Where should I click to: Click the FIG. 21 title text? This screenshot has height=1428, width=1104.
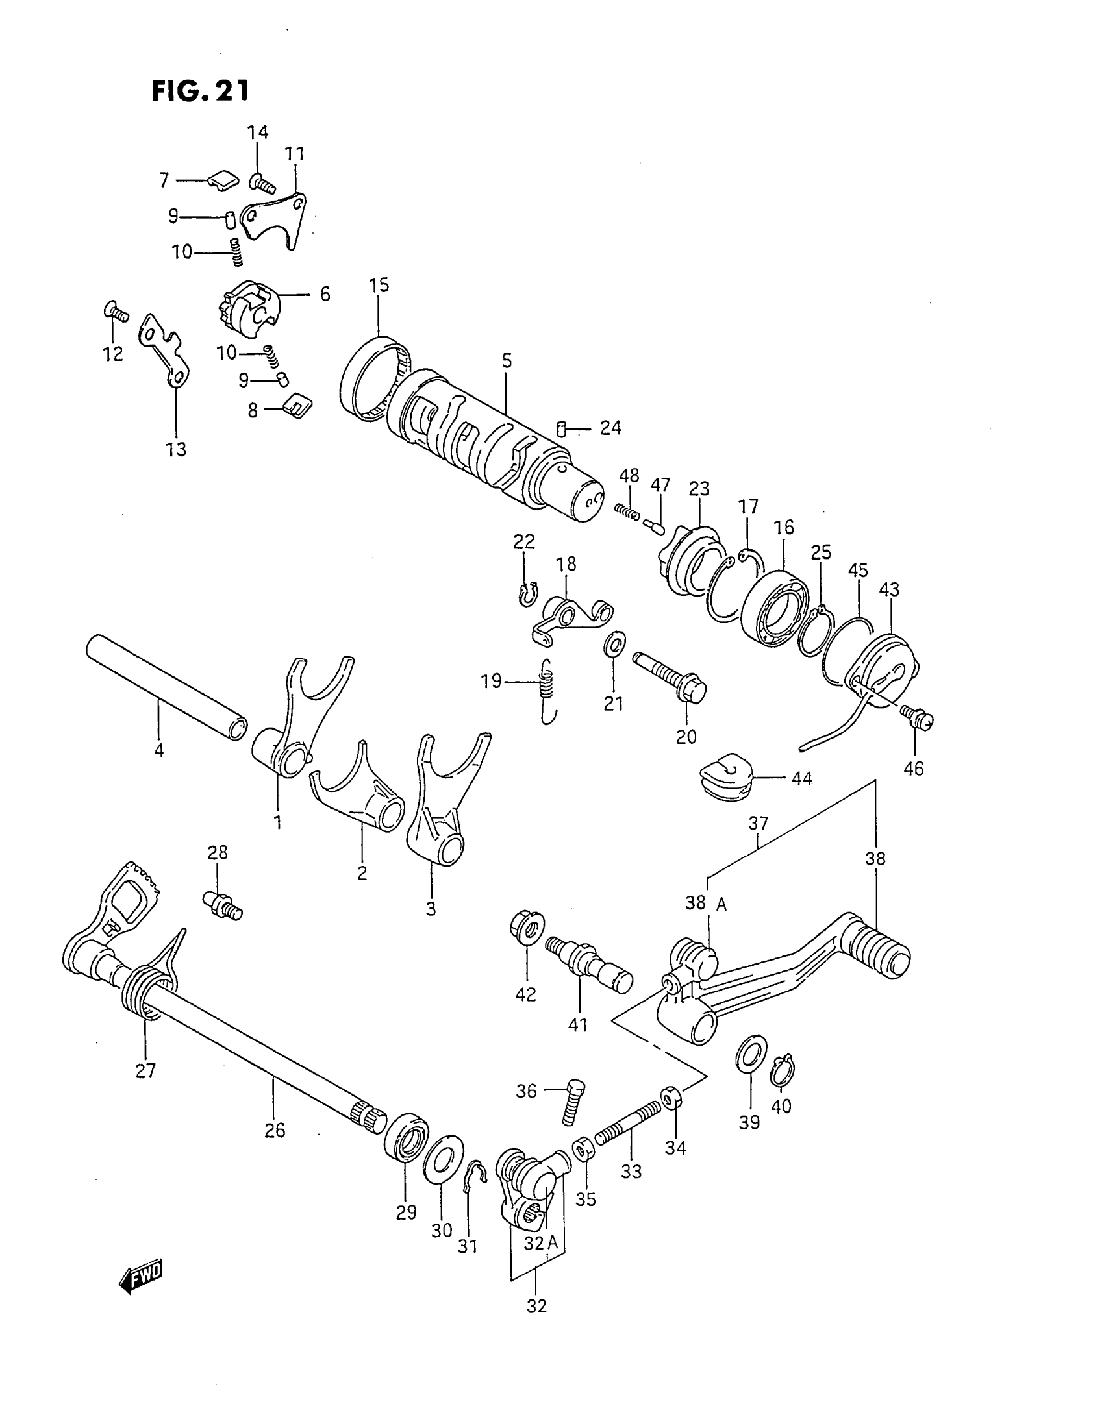pyautogui.click(x=200, y=91)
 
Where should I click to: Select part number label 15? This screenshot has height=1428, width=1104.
pyautogui.click(x=379, y=286)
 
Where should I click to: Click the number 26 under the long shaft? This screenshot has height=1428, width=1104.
pyautogui.click(x=275, y=1130)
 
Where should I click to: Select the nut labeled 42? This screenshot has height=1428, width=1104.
pyautogui.click(x=526, y=928)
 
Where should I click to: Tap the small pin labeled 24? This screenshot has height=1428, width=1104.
pyautogui.click(x=561, y=429)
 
